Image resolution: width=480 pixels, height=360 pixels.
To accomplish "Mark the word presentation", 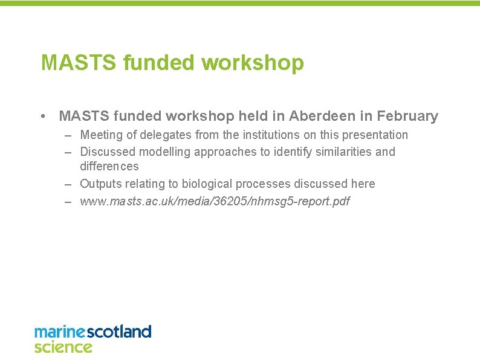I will [x=372, y=135].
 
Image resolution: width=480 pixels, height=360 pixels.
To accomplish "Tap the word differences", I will [x=109, y=166].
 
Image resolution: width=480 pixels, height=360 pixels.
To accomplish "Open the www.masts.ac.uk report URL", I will [x=215, y=201].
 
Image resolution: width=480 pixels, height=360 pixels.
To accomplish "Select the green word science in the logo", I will [x=63, y=347].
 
